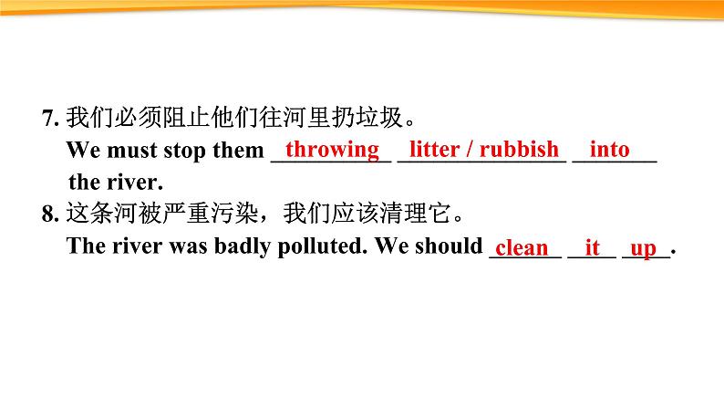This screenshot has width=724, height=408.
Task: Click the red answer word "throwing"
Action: [x=332, y=149]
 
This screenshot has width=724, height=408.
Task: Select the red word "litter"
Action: [x=435, y=149]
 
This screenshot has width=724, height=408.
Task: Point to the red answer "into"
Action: [x=609, y=149]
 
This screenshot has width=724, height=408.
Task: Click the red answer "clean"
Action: [x=522, y=247]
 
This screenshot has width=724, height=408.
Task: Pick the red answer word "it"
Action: [x=593, y=247]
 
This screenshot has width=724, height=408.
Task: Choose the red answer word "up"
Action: [x=643, y=248]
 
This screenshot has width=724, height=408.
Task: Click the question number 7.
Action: [x=48, y=118]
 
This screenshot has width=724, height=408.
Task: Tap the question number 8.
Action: [x=48, y=215]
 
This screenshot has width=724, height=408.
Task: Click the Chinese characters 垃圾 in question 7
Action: [x=379, y=118]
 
